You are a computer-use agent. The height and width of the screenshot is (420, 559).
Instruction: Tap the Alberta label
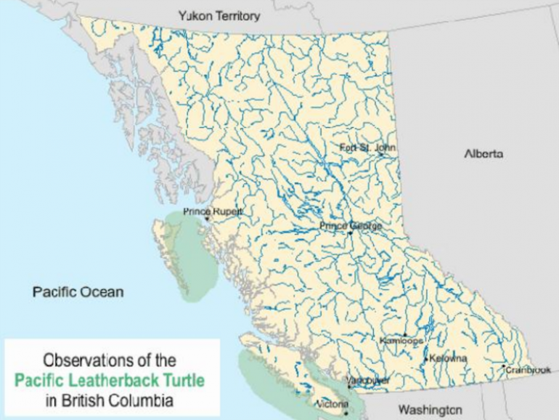coord(483,154)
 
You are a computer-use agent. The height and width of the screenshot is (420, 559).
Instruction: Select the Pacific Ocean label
coord(78,292)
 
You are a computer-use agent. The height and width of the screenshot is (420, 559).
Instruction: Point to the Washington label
coord(430,409)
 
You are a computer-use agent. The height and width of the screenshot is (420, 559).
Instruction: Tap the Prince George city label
coord(351,226)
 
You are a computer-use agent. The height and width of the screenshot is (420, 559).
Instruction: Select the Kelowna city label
coord(447,359)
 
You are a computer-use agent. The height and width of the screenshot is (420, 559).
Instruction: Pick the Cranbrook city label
coord(529,370)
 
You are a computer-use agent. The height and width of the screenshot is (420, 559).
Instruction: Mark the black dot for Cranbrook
coord(503,366)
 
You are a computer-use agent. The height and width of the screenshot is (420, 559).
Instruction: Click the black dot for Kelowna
coord(426,359)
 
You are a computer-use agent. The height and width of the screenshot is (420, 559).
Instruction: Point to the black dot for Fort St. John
coord(379,153)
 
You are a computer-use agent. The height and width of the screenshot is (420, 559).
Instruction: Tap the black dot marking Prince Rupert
coord(207,217)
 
